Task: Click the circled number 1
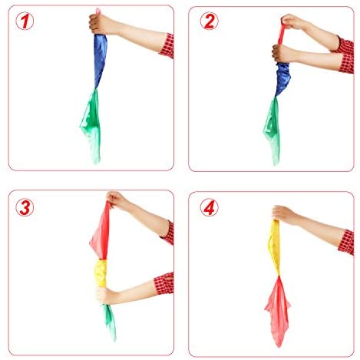25,21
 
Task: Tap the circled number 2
209,21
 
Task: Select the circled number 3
25,207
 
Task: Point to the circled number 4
209,207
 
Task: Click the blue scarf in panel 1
100,60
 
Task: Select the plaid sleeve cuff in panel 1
167,46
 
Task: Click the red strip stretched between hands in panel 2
281,34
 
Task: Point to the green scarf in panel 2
272,129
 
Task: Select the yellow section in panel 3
101,273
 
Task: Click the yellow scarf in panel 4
274,247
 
